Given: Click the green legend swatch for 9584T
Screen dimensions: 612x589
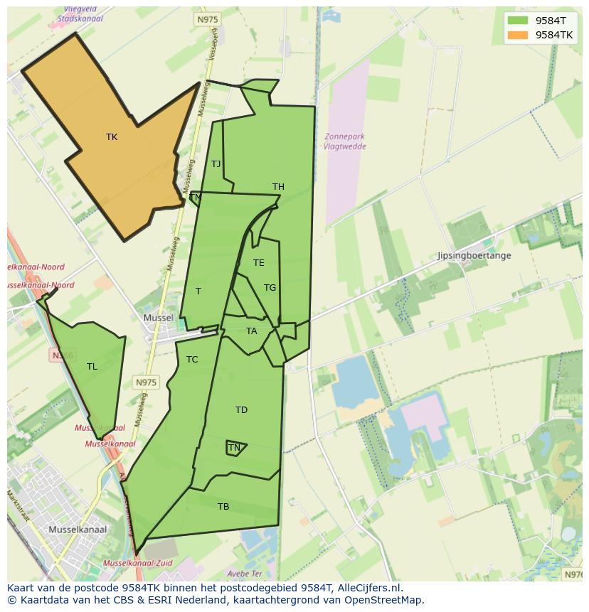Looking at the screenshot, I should (x=518, y=21).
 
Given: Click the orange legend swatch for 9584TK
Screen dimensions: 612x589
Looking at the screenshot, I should (x=518, y=35).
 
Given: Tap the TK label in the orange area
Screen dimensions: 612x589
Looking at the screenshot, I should (x=112, y=137).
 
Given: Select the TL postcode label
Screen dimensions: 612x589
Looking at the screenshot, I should (x=92, y=367).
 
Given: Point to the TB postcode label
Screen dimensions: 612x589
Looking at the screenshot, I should (x=223, y=507).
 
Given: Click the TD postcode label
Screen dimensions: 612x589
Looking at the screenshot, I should (x=241, y=410).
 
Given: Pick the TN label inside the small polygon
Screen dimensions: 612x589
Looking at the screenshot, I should (x=234, y=448).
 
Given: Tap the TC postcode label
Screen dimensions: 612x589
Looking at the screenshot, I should (x=192, y=360).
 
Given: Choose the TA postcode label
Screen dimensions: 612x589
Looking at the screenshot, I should (x=251, y=331).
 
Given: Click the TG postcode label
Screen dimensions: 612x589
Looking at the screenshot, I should (x=270, y=288).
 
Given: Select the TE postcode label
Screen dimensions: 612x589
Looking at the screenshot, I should (x=258, y=263).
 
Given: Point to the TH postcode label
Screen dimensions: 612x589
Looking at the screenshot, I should (x=278, y=187).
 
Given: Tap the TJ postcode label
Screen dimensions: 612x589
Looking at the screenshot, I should (x=216, y=164).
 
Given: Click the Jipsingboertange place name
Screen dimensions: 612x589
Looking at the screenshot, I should (x=474, y=255).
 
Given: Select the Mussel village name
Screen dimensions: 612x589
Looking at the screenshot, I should (x=158, y=318).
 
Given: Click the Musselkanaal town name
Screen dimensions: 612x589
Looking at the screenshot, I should (x=78, y=530).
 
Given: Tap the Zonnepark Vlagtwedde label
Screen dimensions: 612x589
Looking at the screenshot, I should (x=344, y=141).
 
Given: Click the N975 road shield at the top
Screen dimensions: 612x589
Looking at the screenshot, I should (x=206, y=21).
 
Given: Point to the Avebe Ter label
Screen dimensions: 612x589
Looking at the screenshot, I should (x=245, y=574).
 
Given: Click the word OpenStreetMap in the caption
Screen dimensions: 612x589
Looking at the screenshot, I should (x=384, y=599).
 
